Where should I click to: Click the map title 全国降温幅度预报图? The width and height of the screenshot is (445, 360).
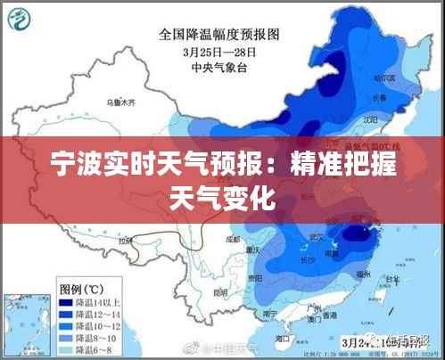point(218,35)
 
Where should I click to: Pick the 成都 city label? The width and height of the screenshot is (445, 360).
point(235,239)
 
